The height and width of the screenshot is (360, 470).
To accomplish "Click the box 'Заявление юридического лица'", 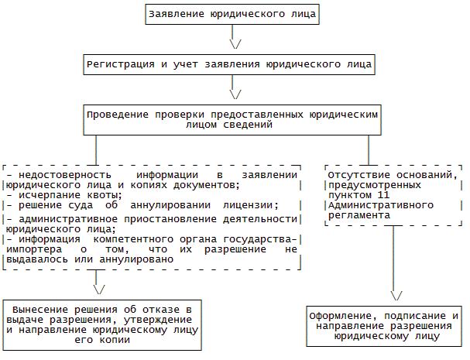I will point(233,13).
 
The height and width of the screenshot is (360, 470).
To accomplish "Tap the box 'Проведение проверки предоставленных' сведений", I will point(233,118).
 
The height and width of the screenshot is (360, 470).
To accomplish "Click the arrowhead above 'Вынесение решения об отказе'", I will point(98,289).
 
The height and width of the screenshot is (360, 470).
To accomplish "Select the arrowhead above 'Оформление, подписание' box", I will point(396,295).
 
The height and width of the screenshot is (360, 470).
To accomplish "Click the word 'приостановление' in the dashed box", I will point(153,220).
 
